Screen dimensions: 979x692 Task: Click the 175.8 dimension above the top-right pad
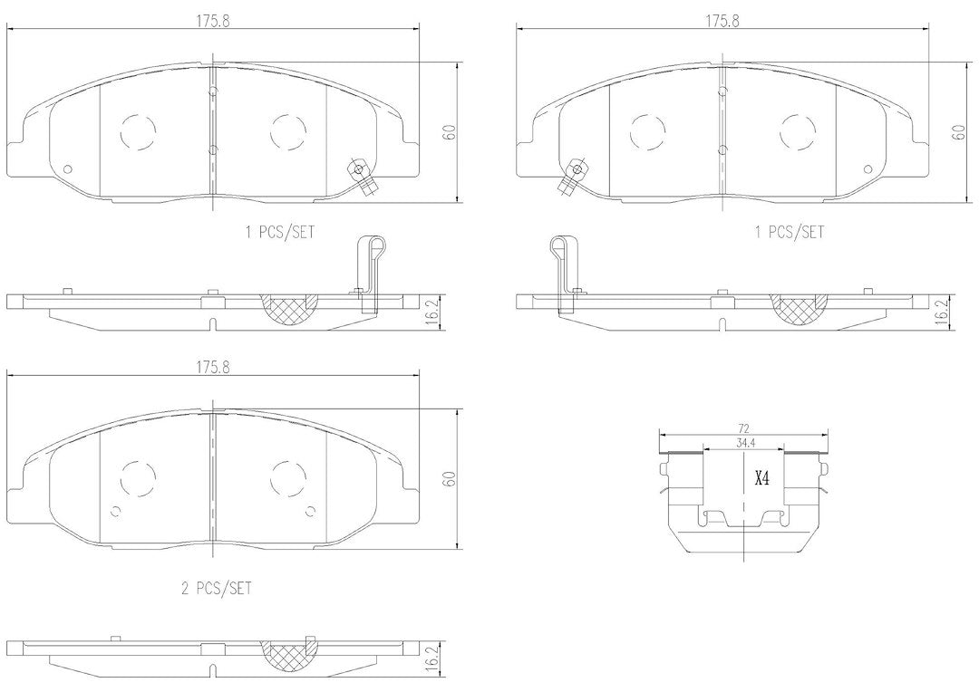coord(722,20)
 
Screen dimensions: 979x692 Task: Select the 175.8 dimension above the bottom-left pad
coord(214,368)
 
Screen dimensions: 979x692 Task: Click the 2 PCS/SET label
coord(216,588)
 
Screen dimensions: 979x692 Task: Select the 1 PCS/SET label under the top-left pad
coord(280,233)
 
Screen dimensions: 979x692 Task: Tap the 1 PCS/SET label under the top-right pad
coord(790,233)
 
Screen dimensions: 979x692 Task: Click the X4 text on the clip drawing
coord(762,478)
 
